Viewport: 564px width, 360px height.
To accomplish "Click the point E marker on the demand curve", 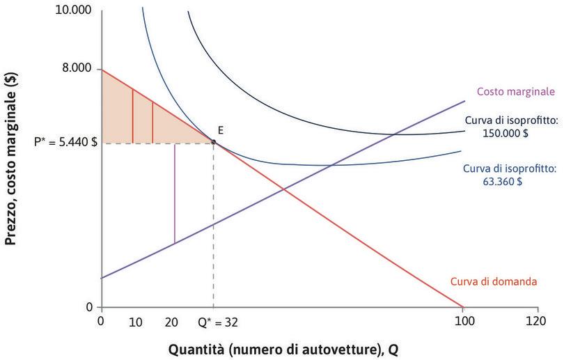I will coord(213,142).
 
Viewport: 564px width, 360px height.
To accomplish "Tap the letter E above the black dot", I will coord(220,130).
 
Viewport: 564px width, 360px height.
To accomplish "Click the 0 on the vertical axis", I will coord(88,307).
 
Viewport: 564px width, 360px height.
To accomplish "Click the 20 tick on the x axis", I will coord(173,323).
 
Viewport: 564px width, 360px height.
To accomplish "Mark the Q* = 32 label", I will coord(222,323).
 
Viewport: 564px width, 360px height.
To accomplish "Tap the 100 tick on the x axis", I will coord(463,323).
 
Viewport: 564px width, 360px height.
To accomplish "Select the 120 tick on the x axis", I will coord(537,323).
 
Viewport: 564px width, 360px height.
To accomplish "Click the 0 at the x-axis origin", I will coord(101,323).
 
